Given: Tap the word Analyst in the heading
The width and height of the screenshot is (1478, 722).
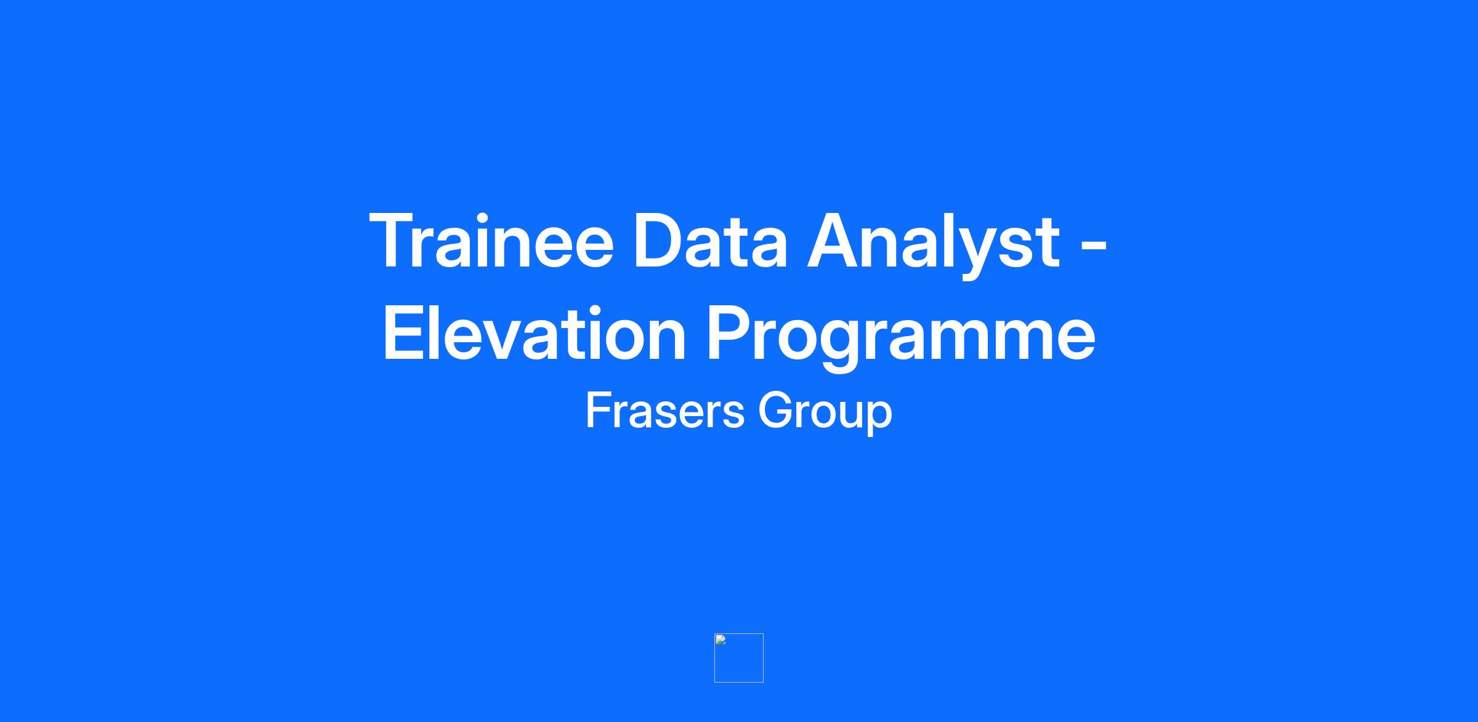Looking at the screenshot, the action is [x=934, y=245].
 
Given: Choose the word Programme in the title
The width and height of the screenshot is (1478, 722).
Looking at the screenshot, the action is [x=900, y=337].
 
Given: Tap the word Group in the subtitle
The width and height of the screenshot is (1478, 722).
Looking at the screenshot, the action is [x=825, y=413].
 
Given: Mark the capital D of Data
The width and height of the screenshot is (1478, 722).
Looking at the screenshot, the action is [x=661, y=241].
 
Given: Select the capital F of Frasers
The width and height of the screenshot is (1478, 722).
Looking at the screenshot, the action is [x=599, y=410].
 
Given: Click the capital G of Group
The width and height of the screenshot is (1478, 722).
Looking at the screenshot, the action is [x=775, y=410].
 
